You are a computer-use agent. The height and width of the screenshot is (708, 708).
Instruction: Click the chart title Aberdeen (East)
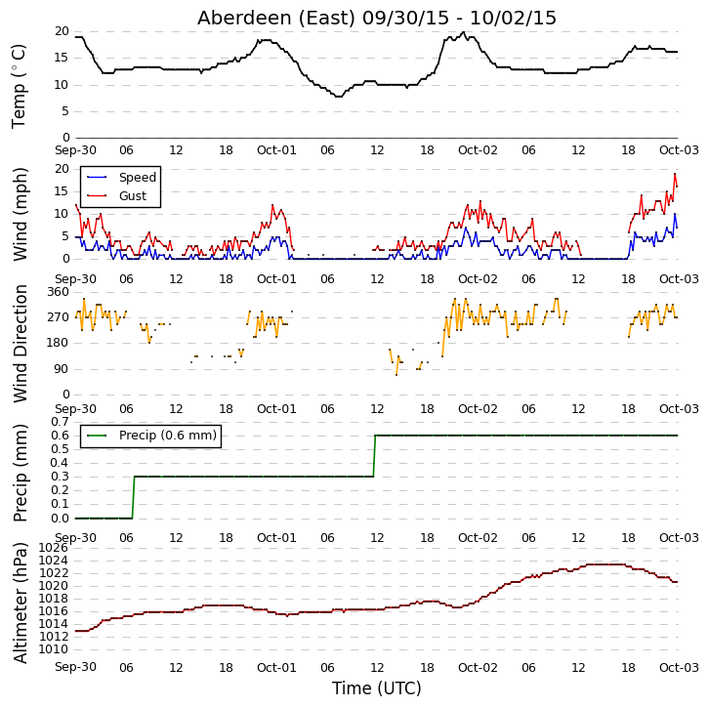click(276, 18)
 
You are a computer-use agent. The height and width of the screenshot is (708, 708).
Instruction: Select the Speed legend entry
click(121, 178)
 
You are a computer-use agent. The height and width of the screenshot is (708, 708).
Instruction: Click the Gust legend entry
click(116, 196)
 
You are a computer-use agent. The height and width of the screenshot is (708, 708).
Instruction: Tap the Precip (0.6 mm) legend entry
click(151, 436)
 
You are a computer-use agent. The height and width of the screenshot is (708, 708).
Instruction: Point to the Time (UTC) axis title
click(377, 688)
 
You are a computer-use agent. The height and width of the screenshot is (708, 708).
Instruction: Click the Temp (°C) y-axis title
click(19, 86)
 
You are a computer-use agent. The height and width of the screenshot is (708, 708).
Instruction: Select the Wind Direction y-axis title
click(20, 344)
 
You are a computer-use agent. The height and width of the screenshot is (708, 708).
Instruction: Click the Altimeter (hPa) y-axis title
click(20, 603)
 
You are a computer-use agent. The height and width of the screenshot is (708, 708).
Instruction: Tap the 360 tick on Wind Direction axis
click(59, 292)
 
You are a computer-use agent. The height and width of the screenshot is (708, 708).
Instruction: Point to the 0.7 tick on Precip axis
click(60, 422)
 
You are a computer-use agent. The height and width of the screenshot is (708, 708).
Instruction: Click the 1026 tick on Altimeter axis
click(54, 548)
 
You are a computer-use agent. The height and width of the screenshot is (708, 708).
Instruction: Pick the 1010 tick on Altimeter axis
click(54, 649)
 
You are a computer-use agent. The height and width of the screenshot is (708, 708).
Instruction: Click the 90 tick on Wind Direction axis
click(62, 369)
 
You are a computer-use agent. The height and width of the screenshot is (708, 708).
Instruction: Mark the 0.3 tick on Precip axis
click(60, 477)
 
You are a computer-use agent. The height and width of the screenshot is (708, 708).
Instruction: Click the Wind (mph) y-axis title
click(20, 214)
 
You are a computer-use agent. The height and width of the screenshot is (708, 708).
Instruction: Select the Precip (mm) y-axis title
click(20, 474)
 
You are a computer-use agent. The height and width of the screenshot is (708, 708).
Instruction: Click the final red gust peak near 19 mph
click(675, 174)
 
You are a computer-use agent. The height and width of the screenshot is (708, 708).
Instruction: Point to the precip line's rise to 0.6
click(374, 456)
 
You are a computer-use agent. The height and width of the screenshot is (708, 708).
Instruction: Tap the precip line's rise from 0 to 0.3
click(133, 498)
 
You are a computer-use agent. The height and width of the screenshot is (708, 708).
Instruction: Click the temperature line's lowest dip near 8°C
click(338, 96)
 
